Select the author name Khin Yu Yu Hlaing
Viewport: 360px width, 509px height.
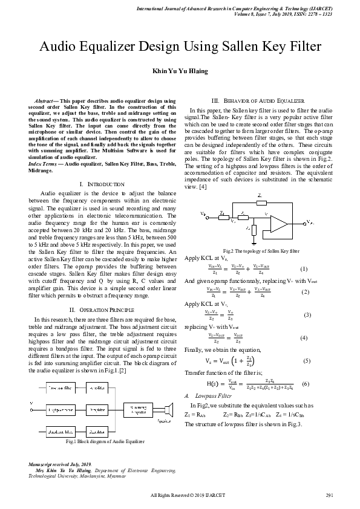tap(179, 71)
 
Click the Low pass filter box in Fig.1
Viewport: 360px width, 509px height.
tap(59, 387)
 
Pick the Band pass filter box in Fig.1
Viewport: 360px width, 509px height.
tap(59, 432)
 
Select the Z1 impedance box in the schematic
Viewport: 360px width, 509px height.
tap(222, 214)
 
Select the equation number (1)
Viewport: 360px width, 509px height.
tap(304, 268)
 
